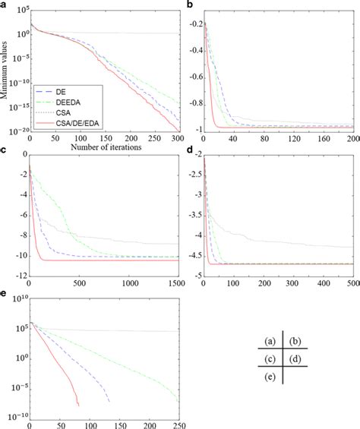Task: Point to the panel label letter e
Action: tap(4, 293)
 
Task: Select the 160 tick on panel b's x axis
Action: tap(323, 138)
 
